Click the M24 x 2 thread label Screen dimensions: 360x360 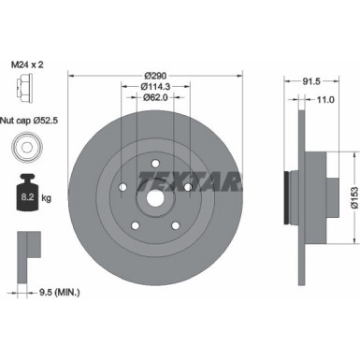[x=29, y=65]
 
